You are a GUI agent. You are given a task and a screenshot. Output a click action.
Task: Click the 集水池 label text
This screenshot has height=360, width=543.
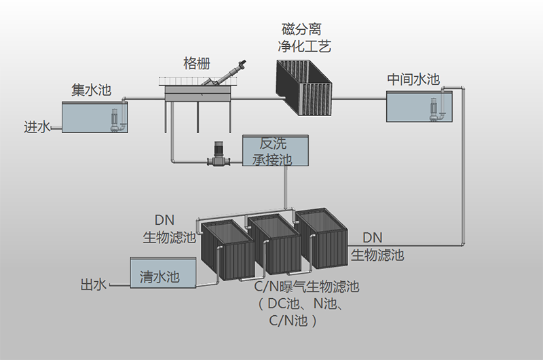tap(91, 90)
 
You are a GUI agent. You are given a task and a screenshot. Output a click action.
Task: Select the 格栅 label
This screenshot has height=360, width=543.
tap(197, 64)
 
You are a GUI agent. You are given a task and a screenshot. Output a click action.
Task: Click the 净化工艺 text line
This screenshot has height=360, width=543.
tap(304, 47)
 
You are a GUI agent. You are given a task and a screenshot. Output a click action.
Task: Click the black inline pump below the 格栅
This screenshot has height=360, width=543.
tap(219, 156)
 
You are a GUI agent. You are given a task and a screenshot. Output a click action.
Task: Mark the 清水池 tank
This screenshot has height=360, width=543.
tap(163, 273)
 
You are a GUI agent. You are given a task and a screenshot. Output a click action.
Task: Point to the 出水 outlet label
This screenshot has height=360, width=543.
tap(94, 285)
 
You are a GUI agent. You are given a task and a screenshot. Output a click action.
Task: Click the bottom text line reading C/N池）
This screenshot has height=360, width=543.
tap(293, 321)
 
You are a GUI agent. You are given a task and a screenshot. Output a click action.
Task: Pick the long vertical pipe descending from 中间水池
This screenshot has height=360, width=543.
tap(464, 170)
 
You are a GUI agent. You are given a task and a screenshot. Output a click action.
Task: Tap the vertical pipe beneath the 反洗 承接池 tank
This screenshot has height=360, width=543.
tap(286, 187)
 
